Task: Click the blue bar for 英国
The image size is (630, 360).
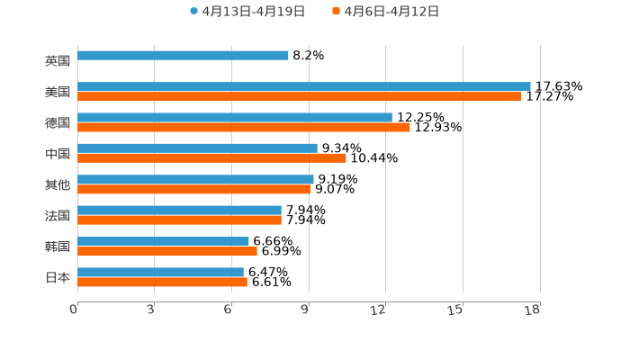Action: click(x=183, y=56)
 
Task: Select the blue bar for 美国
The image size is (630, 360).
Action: click(x=304, y=86)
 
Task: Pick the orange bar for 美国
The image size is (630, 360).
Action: click(x=300, y=96)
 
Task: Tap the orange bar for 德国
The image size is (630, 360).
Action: click(x=244, y=127)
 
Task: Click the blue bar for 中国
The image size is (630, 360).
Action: click(x=197, y=148)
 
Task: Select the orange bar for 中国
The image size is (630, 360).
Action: click(x=211, y=158)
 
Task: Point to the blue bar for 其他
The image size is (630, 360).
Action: click(x=195, y=179)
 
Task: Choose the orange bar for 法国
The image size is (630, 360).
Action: click(x=179, y=220)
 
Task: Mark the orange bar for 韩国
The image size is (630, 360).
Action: click(x=167, y=251)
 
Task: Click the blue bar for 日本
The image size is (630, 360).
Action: click(x=160, y=272)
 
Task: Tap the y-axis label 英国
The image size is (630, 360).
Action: click(x=58, y=61)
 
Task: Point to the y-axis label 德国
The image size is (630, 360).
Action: click(x=58, y=122)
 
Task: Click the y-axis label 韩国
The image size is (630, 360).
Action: click(x=58, y=247)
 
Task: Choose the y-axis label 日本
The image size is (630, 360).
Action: click(x=58, y=277)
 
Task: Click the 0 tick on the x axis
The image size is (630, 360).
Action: click(x=74, y=310)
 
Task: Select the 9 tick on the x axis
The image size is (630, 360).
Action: click(x=305, y=310)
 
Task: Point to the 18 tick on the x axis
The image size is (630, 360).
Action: click(x=533, y=310)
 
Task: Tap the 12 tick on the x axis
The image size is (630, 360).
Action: click(x=379, y=310)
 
